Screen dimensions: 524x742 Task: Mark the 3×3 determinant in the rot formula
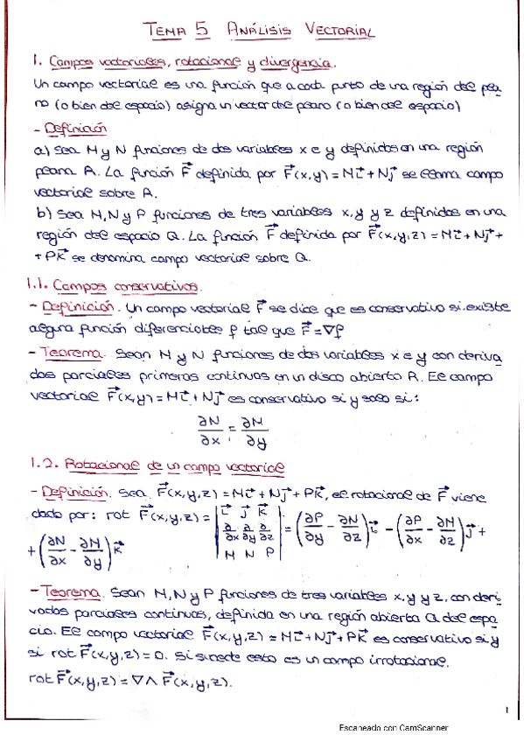(248, 533)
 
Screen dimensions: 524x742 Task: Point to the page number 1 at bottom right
(507, 708)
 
